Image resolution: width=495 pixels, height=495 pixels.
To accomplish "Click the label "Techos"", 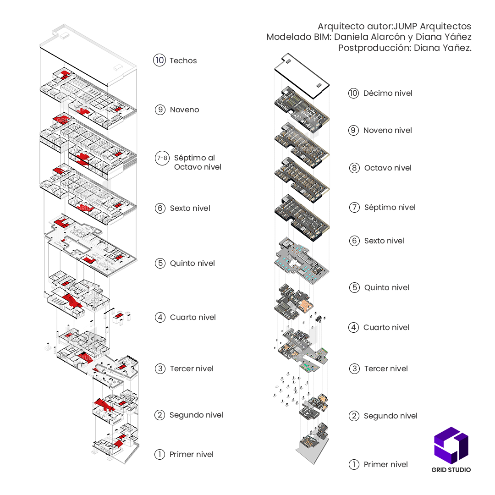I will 183,60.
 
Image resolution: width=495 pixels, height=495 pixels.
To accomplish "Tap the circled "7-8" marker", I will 162,159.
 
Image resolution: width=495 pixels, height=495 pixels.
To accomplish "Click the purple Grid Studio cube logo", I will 451,445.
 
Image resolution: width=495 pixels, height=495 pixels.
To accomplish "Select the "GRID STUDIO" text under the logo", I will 451,469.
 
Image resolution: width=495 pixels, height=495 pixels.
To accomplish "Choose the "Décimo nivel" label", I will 388,93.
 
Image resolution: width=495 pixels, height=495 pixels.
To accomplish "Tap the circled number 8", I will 354,168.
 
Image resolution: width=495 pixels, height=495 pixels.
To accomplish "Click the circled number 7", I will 354,207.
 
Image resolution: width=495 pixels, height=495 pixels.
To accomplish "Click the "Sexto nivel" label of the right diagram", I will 384,241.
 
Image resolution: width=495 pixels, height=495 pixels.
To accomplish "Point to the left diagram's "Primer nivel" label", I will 192,454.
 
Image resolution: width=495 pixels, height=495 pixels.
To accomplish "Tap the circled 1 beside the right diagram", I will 354,464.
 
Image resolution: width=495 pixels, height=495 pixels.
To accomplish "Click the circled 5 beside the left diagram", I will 159,263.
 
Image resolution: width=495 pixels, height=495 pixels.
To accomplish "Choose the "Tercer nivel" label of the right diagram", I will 386,368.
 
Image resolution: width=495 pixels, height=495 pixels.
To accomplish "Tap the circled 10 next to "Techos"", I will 159,60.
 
